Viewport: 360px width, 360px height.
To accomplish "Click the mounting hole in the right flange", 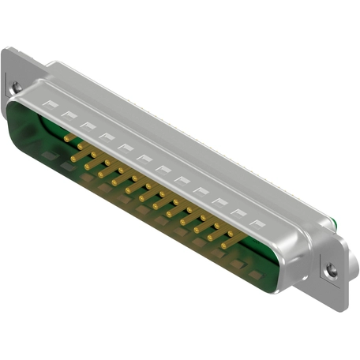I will [331, 270].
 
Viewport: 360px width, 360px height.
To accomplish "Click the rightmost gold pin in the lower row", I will [227, 244].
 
